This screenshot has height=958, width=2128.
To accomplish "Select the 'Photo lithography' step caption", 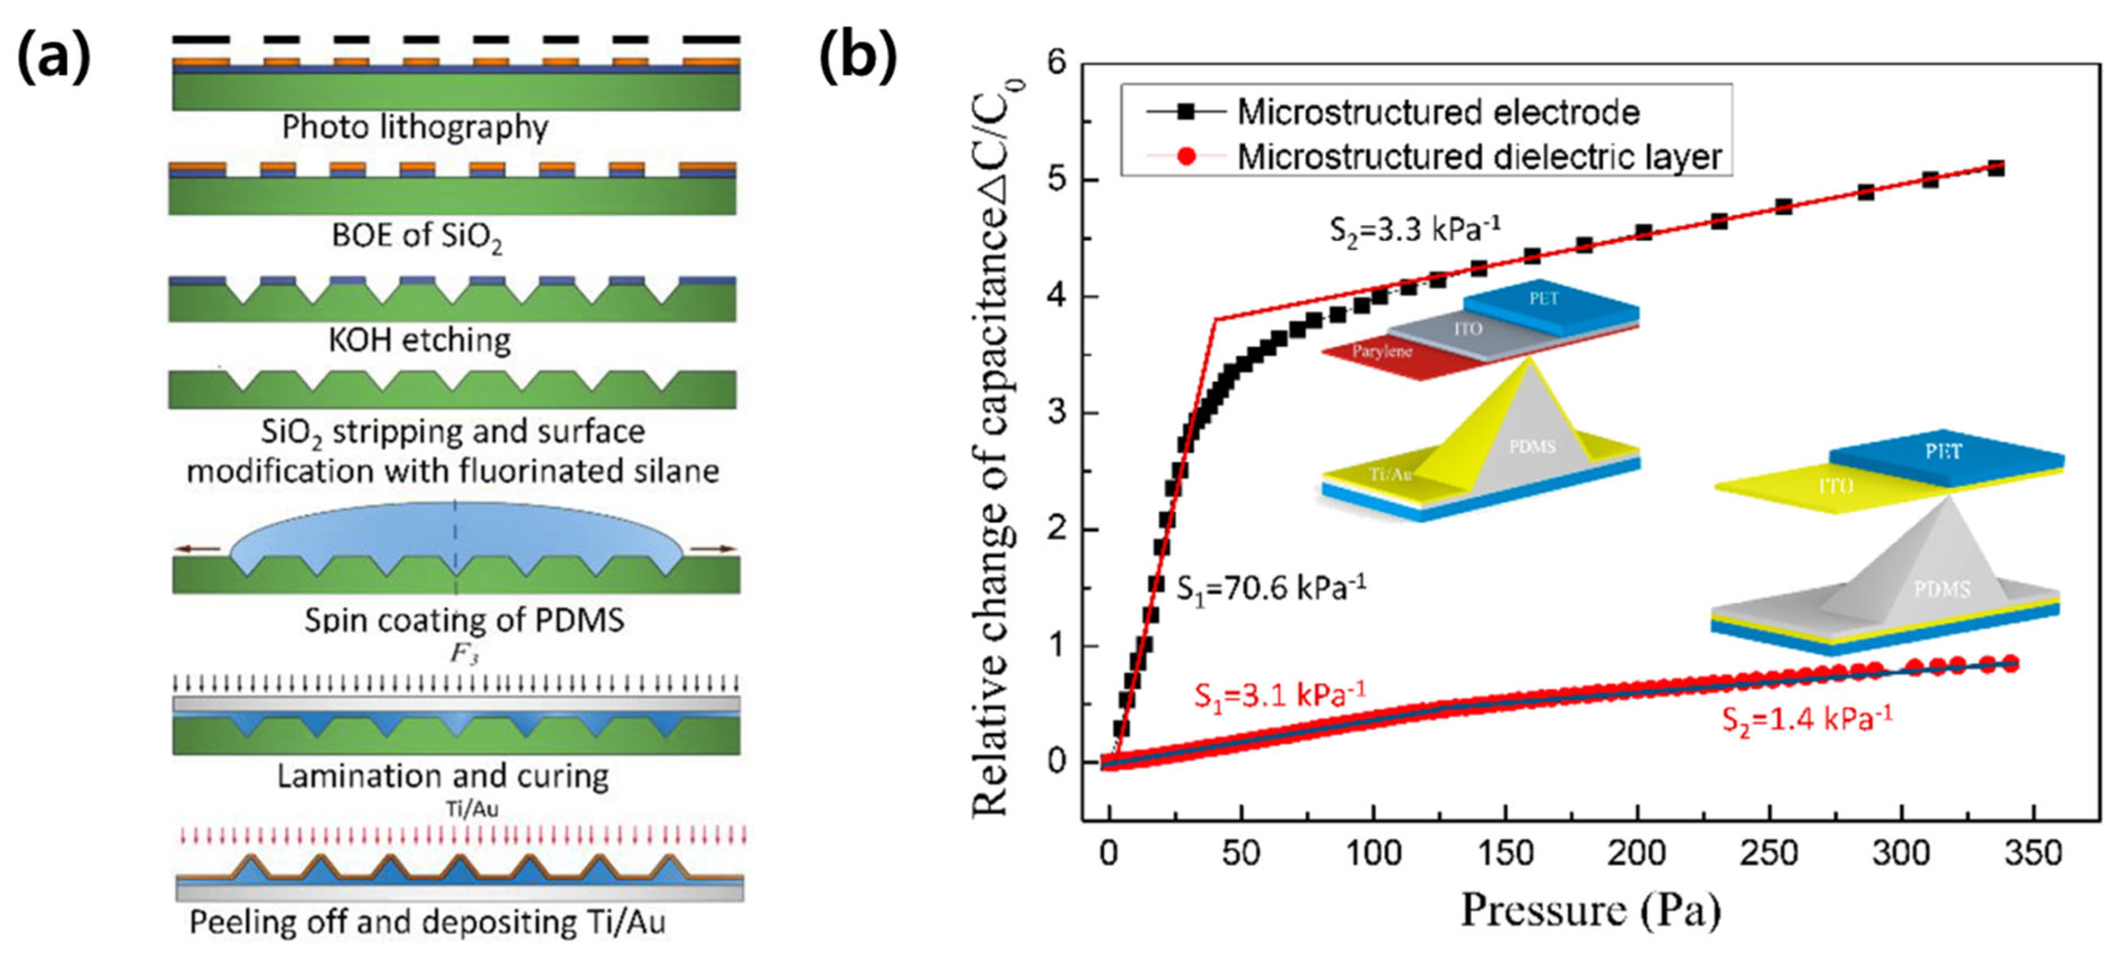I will point(415,127).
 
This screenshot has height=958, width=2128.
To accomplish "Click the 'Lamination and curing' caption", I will point(443,776).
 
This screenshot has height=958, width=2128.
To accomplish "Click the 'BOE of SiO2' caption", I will point(417,236).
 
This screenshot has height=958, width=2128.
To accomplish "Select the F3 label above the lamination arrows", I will point(464,654).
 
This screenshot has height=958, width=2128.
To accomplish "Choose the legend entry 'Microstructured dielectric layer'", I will point(1479,157).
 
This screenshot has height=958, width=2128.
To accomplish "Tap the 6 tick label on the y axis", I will point(1056,64).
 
